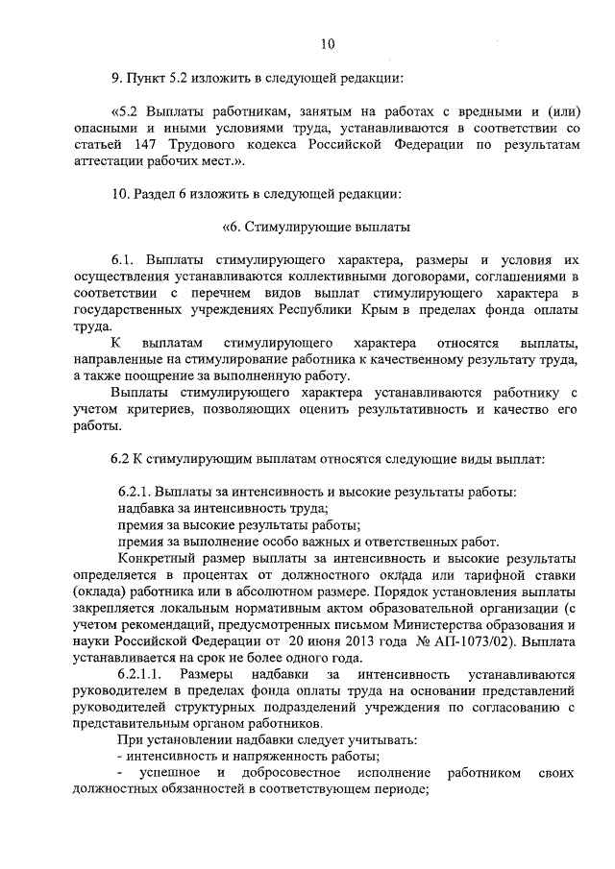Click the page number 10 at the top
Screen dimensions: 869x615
coord(327,43)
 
